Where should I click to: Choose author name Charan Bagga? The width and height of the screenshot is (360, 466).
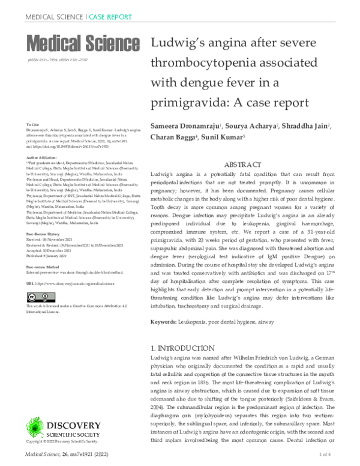coord(173,138)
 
